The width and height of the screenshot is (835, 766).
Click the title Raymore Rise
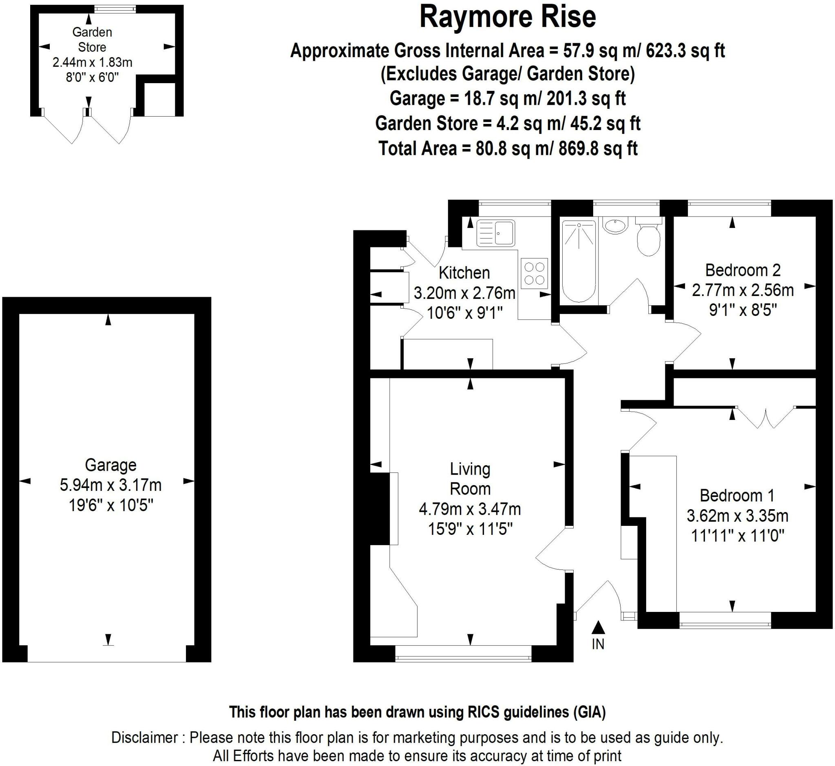click(508, 18)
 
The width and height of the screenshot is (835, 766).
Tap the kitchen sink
click(496, 233)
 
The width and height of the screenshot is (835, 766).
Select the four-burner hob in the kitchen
click(534, 274)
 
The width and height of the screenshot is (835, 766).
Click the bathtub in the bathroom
click(579, 261)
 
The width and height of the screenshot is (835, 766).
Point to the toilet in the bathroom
click(648, 238)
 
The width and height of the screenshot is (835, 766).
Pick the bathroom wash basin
click(615, 226)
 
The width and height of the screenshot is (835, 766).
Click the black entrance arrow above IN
click(598, 627)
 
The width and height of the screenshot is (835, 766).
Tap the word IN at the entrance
click(598, 644)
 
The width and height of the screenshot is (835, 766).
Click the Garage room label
click(111, 465)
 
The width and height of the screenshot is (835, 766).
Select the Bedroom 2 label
click(742, 270)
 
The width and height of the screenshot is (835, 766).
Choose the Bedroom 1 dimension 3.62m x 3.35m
click(737, 516)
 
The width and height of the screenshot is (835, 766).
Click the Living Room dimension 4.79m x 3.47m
click(470, 509)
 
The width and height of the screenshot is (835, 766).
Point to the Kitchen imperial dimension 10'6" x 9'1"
click(465, 313)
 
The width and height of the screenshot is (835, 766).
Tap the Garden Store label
click(92, 40)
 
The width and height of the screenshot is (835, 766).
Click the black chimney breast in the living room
click(379, 509)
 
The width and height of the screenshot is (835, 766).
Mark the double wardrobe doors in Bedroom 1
click(766, 417)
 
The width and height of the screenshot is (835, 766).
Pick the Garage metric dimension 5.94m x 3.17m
click(111, 485)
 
